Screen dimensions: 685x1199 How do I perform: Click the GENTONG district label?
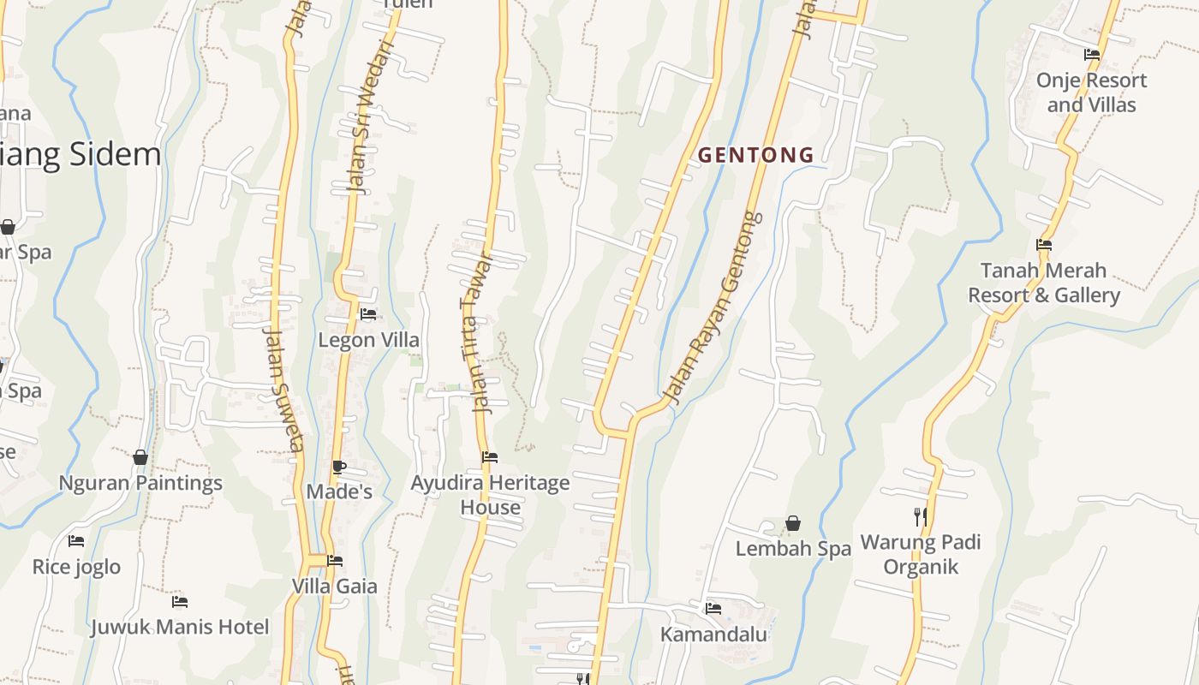[x=755, y=155]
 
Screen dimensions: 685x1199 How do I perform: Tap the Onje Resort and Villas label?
[x=1091, y=92]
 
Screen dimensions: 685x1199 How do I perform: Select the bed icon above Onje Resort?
[x=1091, y=55]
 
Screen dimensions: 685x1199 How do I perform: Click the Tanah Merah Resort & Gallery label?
[x=1043, y=283]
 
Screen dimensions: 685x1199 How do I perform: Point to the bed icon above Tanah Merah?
[x=1043, y=245]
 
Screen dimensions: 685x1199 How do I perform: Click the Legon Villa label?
[x=368, y=340]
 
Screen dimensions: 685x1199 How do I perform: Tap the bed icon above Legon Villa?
[x=368, y=314]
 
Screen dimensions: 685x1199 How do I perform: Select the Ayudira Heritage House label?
[x=490, y=495]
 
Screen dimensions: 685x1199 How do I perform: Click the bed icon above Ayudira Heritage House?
[x=490, y=457]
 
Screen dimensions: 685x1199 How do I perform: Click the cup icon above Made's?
[x=339, y=467]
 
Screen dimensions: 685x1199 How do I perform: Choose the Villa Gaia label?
[x=335, y=587]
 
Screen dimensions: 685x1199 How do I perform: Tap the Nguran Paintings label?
[x=140, y=483]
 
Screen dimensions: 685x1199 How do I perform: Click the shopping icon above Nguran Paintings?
[x=140, y=457]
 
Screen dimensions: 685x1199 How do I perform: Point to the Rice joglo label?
[x=76, y=567]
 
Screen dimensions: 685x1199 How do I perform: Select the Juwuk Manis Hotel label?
[x=180, y=627]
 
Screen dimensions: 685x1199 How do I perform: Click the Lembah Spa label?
[x=793, y=549]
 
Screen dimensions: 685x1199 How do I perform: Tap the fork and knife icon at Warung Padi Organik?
[x=921, y=516]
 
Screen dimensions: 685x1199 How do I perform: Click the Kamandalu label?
[x=713, y=634]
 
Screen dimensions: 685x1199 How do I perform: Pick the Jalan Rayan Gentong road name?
[x=713, y=308]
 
